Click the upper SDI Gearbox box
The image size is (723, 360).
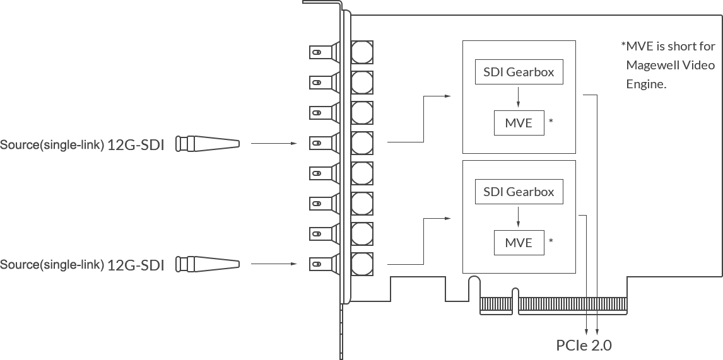click(x=519, y=72)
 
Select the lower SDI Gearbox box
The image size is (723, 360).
click(x=519, y=192)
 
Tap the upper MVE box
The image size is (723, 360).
click(x=519, y=122)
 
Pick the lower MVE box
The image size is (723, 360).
click(x=519, y=242)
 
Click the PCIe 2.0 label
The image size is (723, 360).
click(x=584, y=345)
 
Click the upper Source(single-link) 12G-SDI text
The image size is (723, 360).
click(x=82, y=145)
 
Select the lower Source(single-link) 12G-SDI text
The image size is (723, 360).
click(x=82, y=265)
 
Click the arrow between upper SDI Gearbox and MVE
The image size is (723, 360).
click(x=518, y=97)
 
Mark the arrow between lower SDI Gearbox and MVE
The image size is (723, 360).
click(x=518, y=218)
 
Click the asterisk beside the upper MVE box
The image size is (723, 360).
click(x=551, y=119)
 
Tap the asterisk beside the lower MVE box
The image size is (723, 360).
click(x=551, y=240)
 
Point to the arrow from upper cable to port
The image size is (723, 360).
click(x=274, y=144)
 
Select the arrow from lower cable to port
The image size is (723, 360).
click(x=274, y=264)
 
